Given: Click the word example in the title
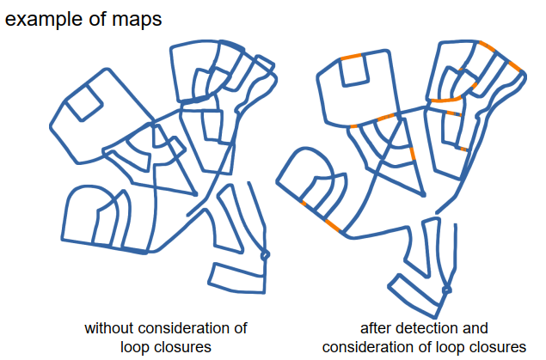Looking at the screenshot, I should [44, 20].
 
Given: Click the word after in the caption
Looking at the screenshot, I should [377, 328].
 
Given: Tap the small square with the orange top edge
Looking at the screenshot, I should [355, 70].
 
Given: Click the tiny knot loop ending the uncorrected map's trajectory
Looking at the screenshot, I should [265, 255].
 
